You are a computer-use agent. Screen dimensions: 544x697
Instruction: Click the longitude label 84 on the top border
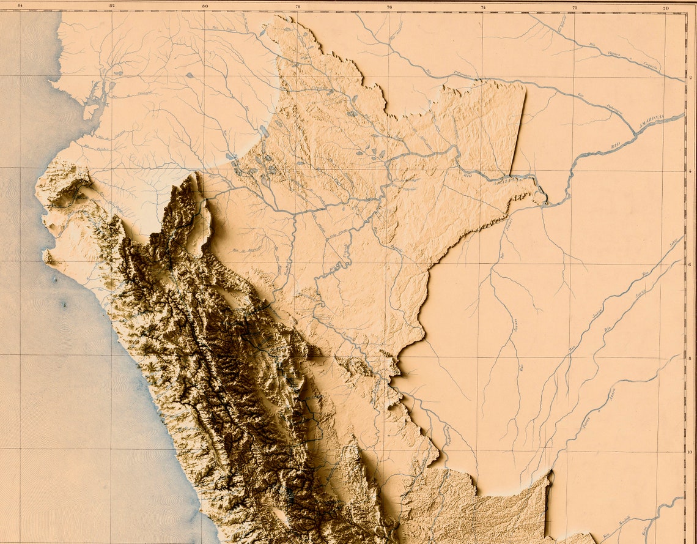[20, 7]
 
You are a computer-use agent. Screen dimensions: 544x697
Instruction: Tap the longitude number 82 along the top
[112, 7]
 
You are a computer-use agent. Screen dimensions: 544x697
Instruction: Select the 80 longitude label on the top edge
[205, 7]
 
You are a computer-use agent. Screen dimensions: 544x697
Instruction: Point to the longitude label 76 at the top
[389, 7]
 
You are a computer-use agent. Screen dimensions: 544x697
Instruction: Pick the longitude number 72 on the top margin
[574, 7]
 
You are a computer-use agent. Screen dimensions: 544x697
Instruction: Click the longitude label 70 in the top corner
[666, 7]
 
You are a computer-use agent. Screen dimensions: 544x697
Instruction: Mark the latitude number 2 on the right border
[690, 77]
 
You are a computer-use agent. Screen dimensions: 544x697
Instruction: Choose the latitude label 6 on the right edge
[690, 264]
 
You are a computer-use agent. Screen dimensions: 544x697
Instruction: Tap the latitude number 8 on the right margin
[690, 358]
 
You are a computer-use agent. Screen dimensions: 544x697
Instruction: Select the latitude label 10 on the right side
[690, 452]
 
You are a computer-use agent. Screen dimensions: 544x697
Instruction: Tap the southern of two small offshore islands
[63, 304]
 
